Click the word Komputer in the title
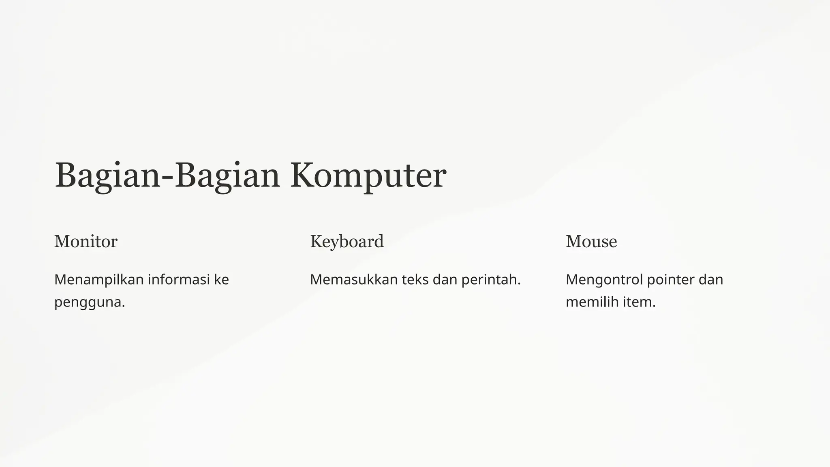[368, 176]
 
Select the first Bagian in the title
[108, 176]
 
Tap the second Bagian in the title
[227, 176]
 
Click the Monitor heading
[86, 242]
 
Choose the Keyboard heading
[347, 242]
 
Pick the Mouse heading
[591, 242]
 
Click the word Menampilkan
[99, 280]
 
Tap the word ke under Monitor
[221, 280]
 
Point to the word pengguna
[89, 302]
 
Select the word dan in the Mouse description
[711, 280]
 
